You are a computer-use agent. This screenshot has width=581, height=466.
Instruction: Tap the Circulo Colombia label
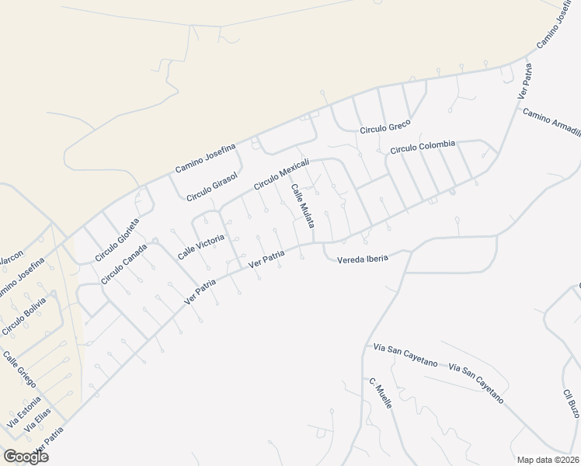point(422,147)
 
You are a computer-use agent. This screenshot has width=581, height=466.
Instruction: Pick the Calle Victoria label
point(200,245)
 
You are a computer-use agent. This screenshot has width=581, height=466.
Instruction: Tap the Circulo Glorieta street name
point(117,239)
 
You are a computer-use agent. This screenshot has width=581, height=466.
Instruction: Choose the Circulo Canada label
point(124,264)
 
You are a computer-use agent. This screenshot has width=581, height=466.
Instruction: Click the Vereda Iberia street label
point(362,259)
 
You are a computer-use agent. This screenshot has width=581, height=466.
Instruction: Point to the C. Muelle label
point(381,394)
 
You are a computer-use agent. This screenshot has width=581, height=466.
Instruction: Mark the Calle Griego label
point(19,370)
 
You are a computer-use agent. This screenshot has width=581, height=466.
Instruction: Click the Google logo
point(26,456)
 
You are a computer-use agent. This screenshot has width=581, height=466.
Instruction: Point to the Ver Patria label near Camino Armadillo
point(526,81)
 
